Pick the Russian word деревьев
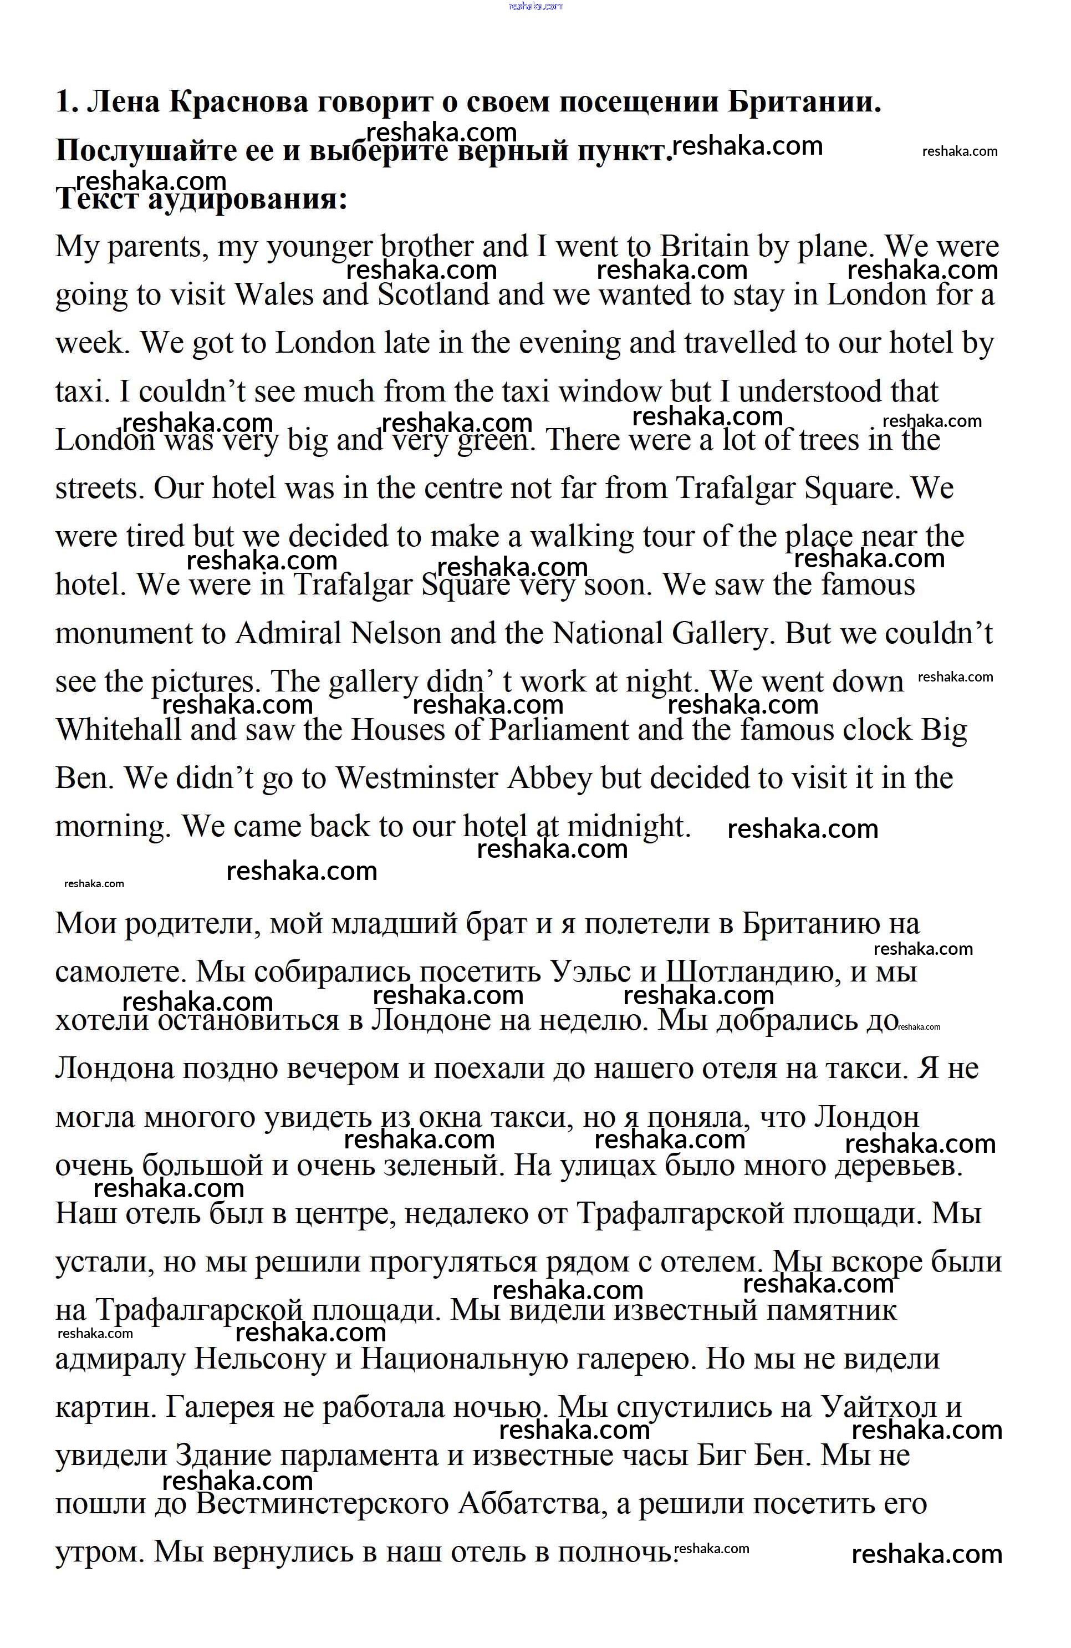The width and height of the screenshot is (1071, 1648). pyautogui.click(x=899, y=1166)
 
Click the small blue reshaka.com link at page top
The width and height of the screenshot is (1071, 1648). pyautogui.click(x=535, y=6)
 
